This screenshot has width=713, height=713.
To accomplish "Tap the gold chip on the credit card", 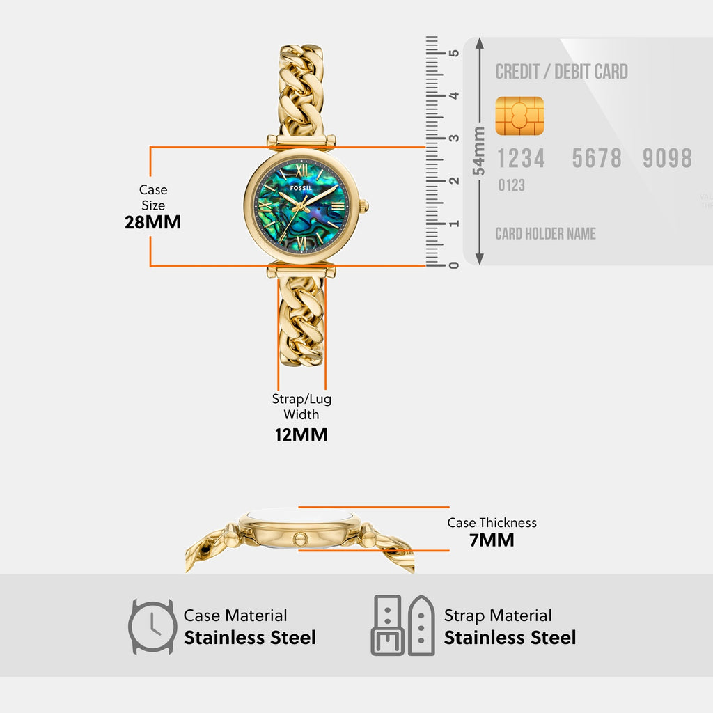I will point(519,116).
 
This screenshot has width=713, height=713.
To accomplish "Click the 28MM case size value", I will point(152,222).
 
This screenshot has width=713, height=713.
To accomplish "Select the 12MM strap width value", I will point(301,434).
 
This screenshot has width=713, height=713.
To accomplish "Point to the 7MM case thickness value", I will point(492,540).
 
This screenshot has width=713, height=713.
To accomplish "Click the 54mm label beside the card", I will point(478,151).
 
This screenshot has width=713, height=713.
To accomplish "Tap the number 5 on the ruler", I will point(453,53).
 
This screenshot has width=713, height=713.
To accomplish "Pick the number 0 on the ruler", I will point(453,265).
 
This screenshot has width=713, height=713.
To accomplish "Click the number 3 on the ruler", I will point(453,138).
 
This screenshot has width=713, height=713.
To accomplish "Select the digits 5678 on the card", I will point(597,159).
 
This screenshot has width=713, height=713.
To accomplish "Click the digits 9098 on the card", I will point(667,159).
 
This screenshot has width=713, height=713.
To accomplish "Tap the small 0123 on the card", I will point(511,185).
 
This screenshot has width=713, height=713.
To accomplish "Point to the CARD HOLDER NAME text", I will point(545,234).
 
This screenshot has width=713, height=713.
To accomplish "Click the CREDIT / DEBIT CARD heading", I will point(561,72).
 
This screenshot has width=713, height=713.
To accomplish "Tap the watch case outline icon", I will point(152,626).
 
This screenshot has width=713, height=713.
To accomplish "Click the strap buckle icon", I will point(402,625).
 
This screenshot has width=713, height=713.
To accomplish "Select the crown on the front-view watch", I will point(364,205).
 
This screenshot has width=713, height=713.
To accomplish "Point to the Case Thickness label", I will point(492,522).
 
